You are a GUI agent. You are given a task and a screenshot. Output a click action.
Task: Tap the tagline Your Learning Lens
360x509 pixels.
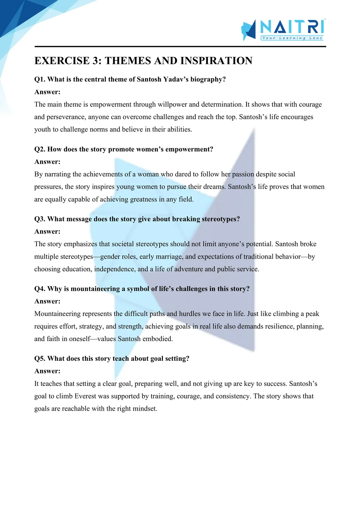point(292,38)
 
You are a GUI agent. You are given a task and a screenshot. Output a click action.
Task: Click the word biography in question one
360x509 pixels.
point(208,79)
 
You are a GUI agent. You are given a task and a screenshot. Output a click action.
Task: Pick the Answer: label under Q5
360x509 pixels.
point(47,371)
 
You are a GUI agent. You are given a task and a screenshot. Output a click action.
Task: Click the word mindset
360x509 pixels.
point(144,409)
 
